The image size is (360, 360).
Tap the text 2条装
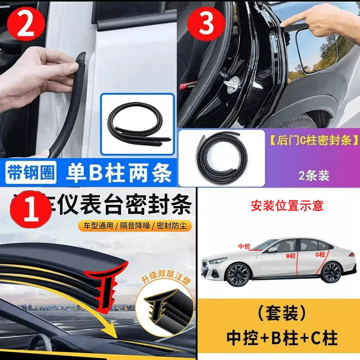[x=314, y=175]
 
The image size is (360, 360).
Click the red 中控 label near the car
[x=244, y=246]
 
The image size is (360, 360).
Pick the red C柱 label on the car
[x=320, y=255]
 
